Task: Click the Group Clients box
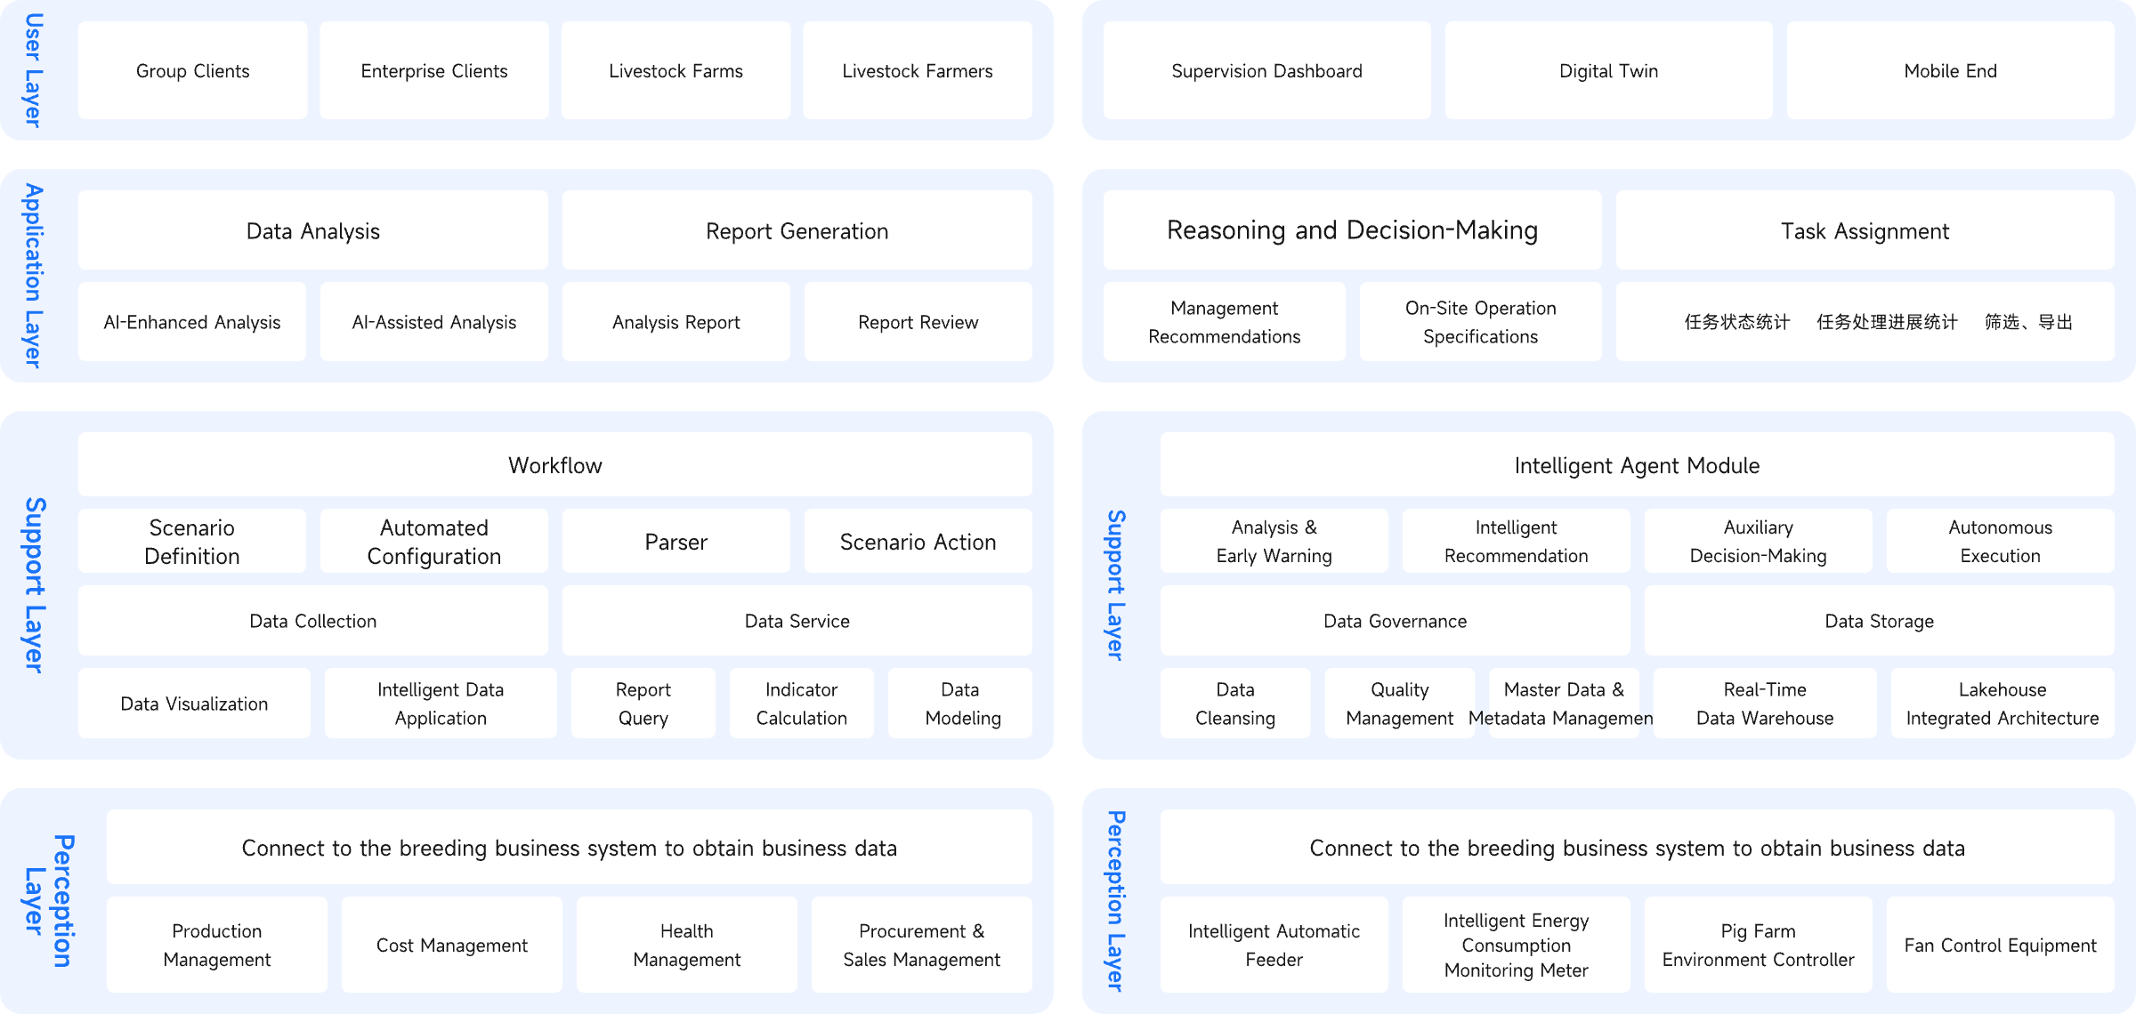pyautogui.click(x=192, y=70)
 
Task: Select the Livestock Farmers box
pyautogui.click(x=917, y=70)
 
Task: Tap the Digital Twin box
pyautogui.click(x=1608, y=70)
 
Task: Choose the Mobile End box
pyautogui.click(x=1950, y=70)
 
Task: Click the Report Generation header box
pyautogui.click(x=797, y=230)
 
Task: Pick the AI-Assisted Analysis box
pyautogui.click(x=433, y=322)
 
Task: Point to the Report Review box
pyautogui.click(x=918, y=322)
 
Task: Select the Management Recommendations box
pyautogui.click(x=1224, y=322)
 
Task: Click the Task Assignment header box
pyautogui.click(x=1865, y=230)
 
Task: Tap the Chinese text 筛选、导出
pyautogui.click(x=2028, y=322)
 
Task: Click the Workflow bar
pyautogui.click(x=554, y=464)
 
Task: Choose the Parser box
pyautogui.click(x=676, y=541)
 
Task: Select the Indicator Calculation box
pyautogui.click(x=801, y=704)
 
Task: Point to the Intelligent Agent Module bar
pyautogui.click(x=1637, y=464)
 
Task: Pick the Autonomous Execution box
pyautogui.click(x=2000, y=541)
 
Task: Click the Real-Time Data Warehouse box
pyautogui.click(x=1764, y=704)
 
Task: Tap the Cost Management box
pyautogui.click(x=451, y=945)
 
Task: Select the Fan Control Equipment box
pyautogui.click(x=2000, y=945)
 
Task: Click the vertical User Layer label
pyautogui.click(x=32, y=70)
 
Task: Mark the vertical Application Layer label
pyautogui.click(x=32, y=276)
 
